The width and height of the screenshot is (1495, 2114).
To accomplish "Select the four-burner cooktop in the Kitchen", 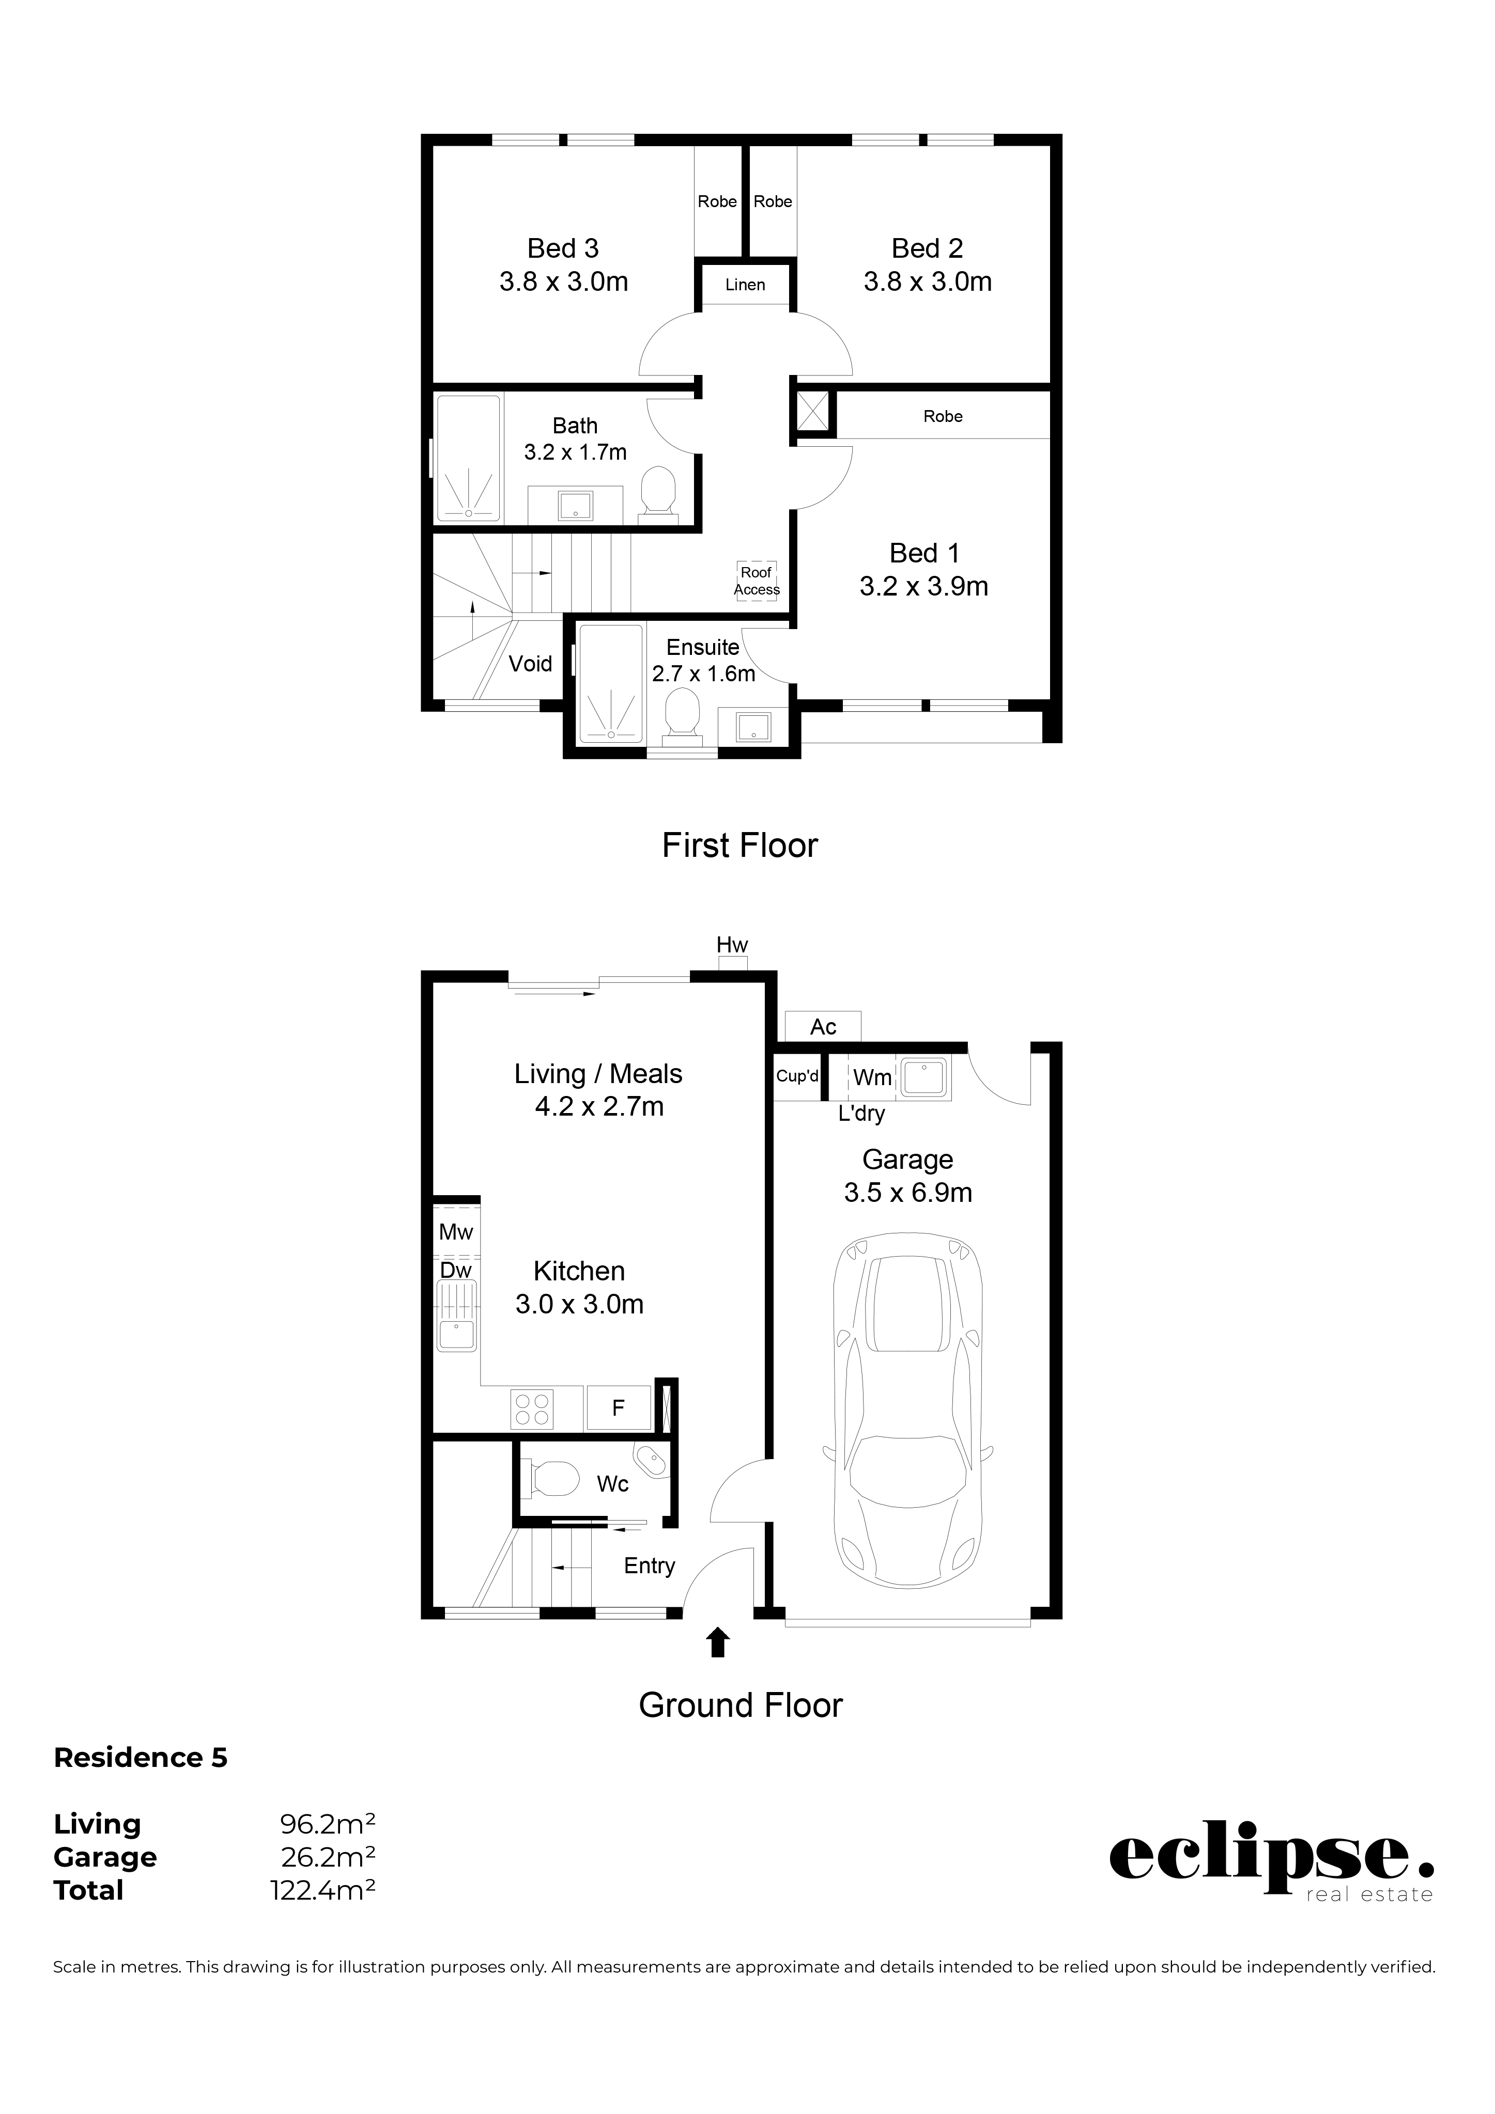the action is (532, 1408).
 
